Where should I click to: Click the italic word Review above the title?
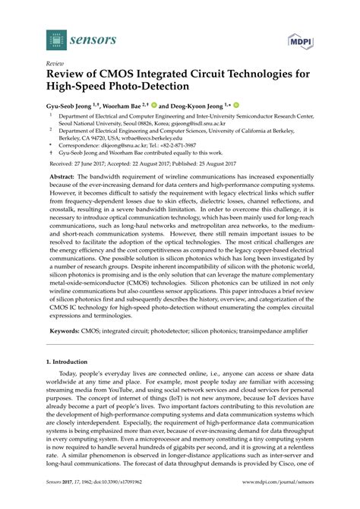55,64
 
